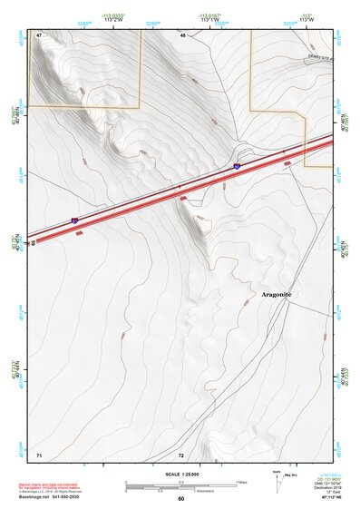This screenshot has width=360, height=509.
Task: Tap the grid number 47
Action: pyautogui.click(x=39, y=35)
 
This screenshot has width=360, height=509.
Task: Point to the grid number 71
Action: pyautogui.click(x=39, y=453)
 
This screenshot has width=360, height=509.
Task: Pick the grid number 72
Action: pyautogui.click(x=180, y=453)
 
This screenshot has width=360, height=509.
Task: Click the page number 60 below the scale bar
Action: pyautogui.click(x=180, y=498)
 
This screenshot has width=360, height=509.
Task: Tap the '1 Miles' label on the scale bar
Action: pyautogui.click(x=241, y=482)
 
